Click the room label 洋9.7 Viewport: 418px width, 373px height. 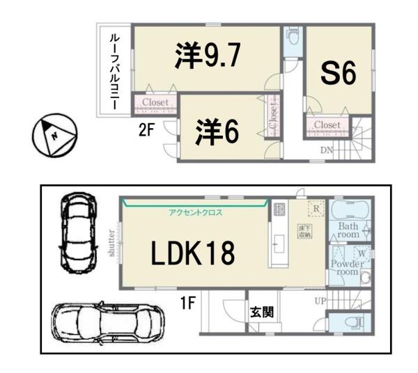coord(208,57)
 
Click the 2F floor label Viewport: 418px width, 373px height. coord(146,130)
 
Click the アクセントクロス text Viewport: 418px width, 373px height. coord(195,212)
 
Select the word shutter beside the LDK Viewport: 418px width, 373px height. coord(111,244)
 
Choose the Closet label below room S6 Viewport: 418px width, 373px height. coord(327,125)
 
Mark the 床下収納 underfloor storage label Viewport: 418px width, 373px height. coord(304,232)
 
